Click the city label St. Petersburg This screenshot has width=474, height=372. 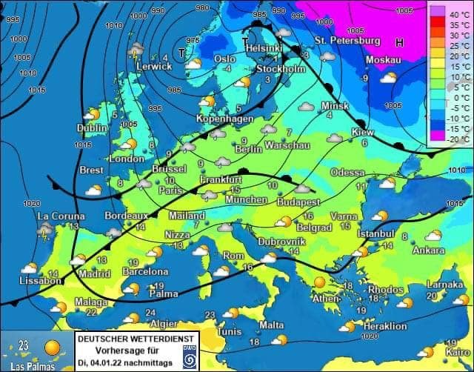click(x=347, y=39)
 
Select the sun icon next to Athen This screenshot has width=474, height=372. click(x=319, y=282)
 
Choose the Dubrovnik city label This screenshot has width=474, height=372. click(x=281, y=242)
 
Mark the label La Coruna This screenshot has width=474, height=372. click(x=61, y=216)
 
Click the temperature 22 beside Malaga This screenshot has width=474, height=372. click(x=90, y=313)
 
